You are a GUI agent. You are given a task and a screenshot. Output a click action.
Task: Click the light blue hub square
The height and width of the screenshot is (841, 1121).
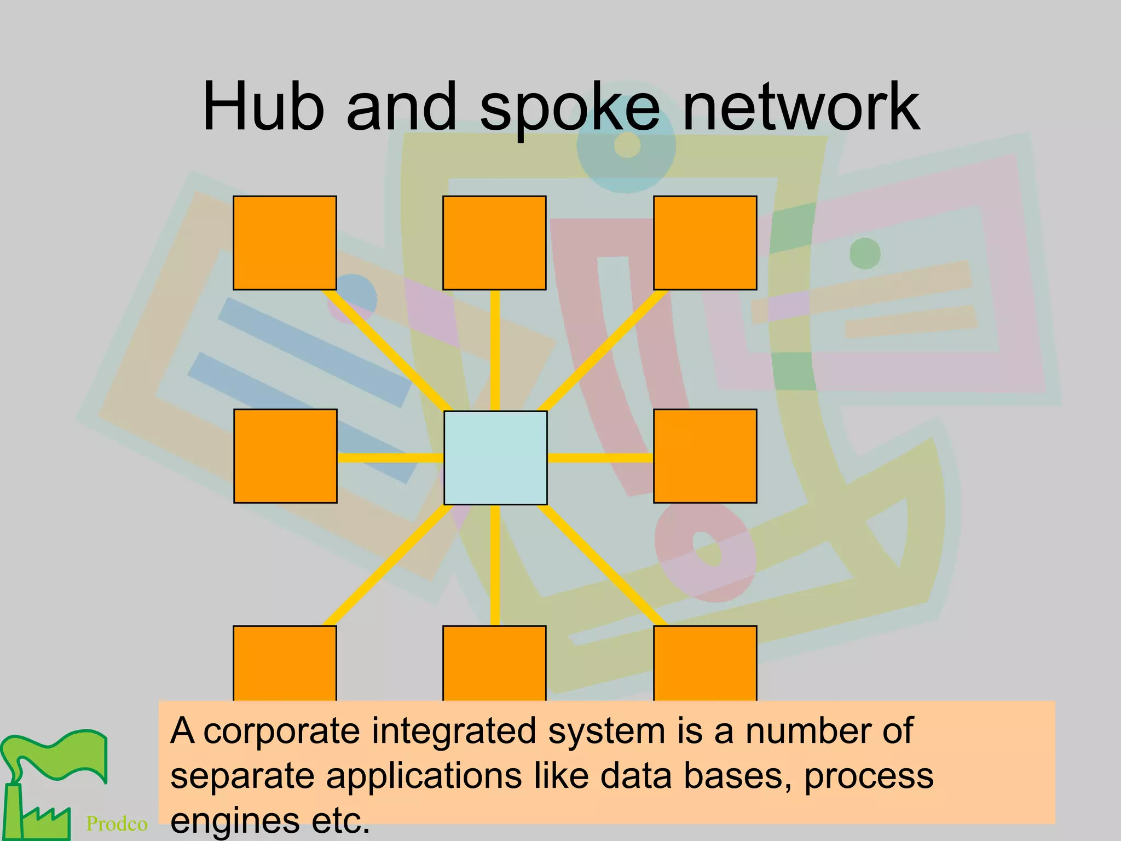[x=495, y=457]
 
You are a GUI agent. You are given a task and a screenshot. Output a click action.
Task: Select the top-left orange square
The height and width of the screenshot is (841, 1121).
[x=285, y=243]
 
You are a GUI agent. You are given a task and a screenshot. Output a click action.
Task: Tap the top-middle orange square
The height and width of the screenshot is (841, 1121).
[x=494, y=243]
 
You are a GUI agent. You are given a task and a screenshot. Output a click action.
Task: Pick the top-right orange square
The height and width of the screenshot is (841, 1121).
[x=705, y=243]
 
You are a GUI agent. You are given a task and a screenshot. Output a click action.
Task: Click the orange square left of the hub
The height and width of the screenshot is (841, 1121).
[x=285, y=456]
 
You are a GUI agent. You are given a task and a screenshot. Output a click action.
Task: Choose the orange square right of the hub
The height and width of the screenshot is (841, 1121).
[x=705, y=456]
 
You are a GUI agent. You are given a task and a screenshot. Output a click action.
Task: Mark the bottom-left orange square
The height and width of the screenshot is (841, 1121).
[x=285, y=663]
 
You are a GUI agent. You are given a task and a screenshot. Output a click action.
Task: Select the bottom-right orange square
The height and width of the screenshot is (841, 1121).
[x=705, y=663]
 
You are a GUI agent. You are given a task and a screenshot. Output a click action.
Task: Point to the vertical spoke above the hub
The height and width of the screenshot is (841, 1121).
[x=495, y=350]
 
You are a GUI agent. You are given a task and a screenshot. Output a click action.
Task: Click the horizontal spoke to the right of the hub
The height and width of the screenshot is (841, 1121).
[x=600, y=458]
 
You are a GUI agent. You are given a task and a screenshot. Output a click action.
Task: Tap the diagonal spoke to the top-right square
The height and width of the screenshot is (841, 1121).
[x=602, y=350]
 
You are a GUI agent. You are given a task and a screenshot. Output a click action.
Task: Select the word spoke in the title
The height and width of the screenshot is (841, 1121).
[x=569, y=110]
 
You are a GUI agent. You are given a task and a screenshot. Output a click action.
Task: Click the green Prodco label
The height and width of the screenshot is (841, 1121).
[x=117, y=823]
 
